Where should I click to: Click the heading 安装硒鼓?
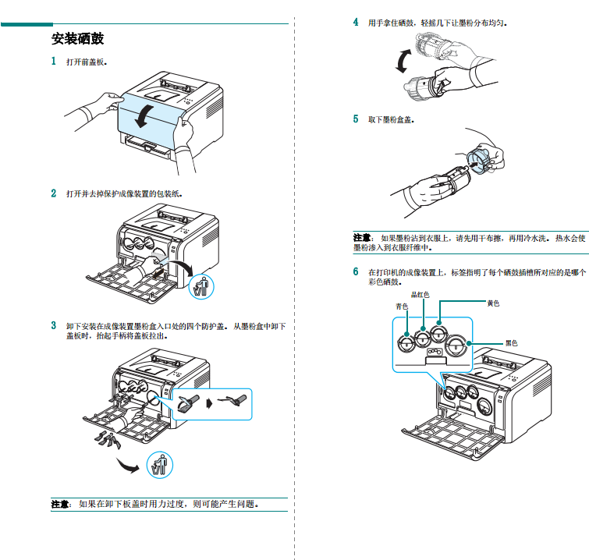coord(77,38)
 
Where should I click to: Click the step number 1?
coord(54,61)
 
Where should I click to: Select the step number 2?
coord(54,193)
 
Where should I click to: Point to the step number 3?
coord(54,325)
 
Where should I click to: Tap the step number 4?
coord(356,23)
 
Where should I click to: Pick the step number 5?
coord(356,119)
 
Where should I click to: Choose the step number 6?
coord(356,272)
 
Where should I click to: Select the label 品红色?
coord(420,295)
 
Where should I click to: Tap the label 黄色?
coord(493,303)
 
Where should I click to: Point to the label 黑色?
coord(511,342)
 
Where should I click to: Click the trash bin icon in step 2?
coord(201,286)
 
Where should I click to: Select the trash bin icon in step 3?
coord(160,466)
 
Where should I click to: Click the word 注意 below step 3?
coord(61,504)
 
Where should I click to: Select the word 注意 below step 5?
coord(362,237)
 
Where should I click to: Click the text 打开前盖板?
coord(87,61)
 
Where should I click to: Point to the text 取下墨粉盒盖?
coord(391,119)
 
